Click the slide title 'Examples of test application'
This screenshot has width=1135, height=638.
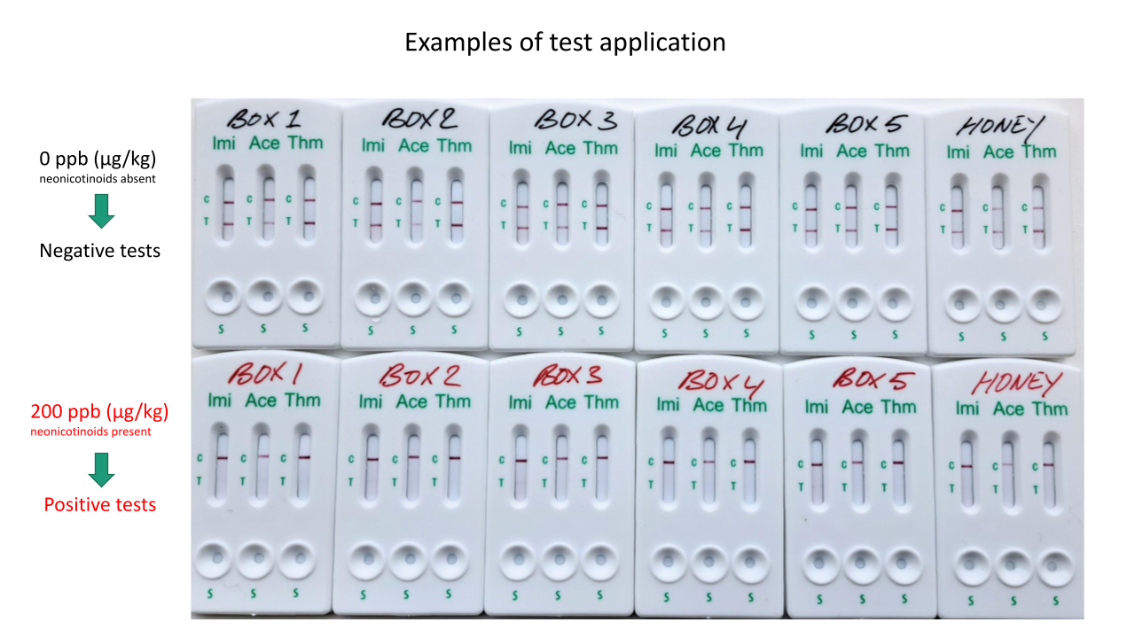565,42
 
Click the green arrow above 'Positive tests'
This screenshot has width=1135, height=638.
102,469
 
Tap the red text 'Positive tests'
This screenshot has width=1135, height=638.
100,504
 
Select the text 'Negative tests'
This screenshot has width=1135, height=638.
100,251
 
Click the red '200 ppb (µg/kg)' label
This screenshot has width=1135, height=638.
99,411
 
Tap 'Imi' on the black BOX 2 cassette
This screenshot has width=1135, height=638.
373,144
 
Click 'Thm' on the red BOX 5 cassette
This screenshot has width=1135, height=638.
897,407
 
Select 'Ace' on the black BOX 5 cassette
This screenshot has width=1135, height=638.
851,151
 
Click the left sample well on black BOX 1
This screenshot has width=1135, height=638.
224,296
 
